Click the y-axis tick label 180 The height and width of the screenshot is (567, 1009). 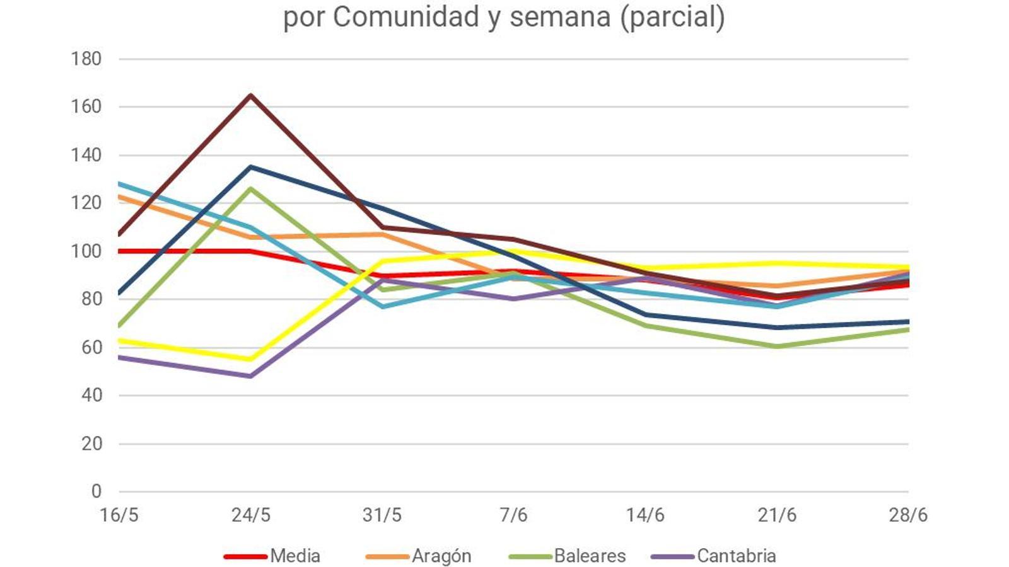point(86,59)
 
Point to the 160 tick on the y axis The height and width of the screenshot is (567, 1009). point(86,107)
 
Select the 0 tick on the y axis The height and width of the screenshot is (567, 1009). point(96,491)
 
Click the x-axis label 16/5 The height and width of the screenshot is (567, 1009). point(119,515)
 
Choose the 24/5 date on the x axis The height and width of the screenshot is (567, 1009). point(251,515)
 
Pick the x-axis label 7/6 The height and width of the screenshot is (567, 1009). point(513,515)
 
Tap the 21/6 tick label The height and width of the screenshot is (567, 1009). point(777,515)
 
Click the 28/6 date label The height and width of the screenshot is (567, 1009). point(908,515)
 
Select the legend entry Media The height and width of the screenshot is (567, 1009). point(295,556)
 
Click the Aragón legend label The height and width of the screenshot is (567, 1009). point(441,556)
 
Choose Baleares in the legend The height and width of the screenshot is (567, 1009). point(590,556)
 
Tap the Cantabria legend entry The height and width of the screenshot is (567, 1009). point(737,556)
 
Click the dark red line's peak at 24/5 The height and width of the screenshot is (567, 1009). point(251,95)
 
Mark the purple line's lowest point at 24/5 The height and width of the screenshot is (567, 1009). point(251,376)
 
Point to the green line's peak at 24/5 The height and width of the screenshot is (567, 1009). point(251,188)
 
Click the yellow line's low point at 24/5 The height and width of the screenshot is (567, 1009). point(251,359)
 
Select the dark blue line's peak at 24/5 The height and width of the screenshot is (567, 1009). point(251,167)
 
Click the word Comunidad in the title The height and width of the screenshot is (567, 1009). point(406,17)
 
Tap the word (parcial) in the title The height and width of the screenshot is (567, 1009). point(672,17)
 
